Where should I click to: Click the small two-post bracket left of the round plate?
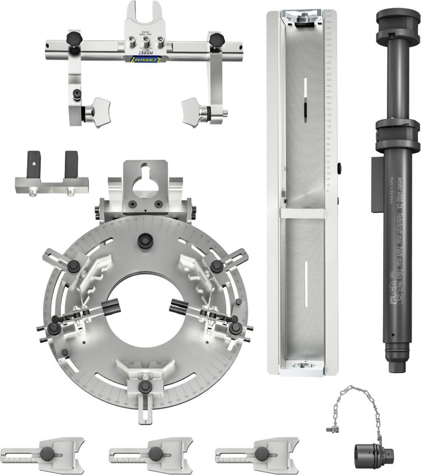coord(50,176)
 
